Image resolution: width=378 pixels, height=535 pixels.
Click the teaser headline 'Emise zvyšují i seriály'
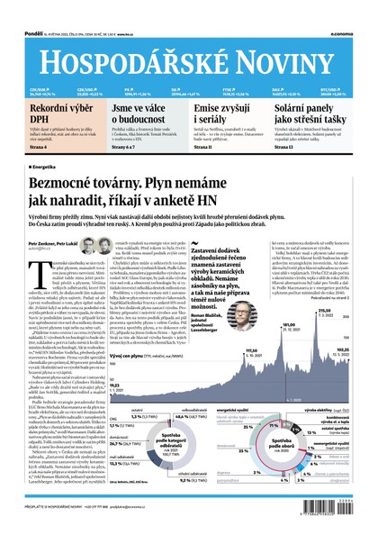click(x=229, y=114)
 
